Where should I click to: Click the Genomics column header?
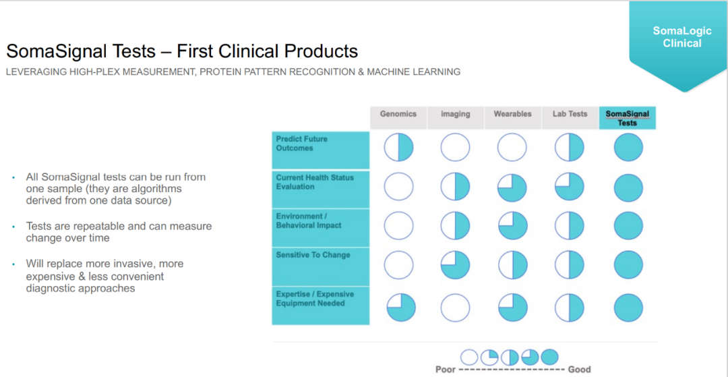398,113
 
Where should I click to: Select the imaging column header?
455,113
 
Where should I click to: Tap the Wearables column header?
512,113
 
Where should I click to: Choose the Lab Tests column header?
570,113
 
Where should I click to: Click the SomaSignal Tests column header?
628,118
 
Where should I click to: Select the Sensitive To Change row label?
313,255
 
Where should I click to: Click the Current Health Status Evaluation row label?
315,182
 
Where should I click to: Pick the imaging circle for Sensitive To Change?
455,264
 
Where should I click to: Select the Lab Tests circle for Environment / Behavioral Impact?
569,226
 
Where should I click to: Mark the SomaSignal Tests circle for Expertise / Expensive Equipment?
628,308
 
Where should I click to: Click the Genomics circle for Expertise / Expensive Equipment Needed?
401,308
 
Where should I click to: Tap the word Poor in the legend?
445,370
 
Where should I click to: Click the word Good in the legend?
580,370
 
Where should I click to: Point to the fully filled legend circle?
549,357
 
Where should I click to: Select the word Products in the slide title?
315,51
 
